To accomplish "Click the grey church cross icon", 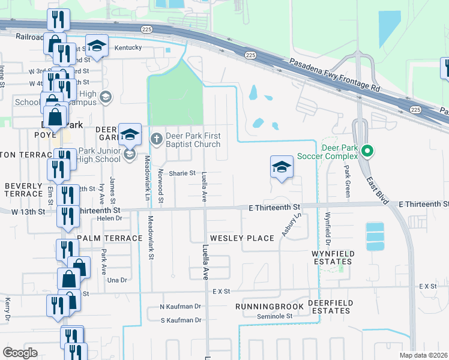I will (x=156, y=139).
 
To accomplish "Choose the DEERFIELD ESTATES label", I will (x=330, y=307).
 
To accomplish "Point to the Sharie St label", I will (x=182, y=173).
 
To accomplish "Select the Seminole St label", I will (x=271, y=316).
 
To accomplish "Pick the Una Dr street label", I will (x=116, y=280).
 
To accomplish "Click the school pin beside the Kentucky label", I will (x=96, y=46).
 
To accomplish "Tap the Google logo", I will (x=20, y=353).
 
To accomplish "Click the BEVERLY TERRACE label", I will (x=23, y=190).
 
